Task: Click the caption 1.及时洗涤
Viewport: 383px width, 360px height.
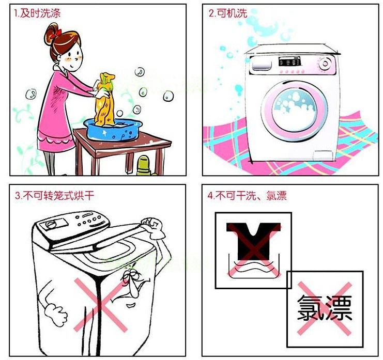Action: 37,14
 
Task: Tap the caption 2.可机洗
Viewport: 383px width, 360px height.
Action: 227,14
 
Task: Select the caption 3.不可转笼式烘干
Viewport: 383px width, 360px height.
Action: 54,196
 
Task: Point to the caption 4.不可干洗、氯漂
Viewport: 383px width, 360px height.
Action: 247,196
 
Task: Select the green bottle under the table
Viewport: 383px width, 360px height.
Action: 143,167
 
